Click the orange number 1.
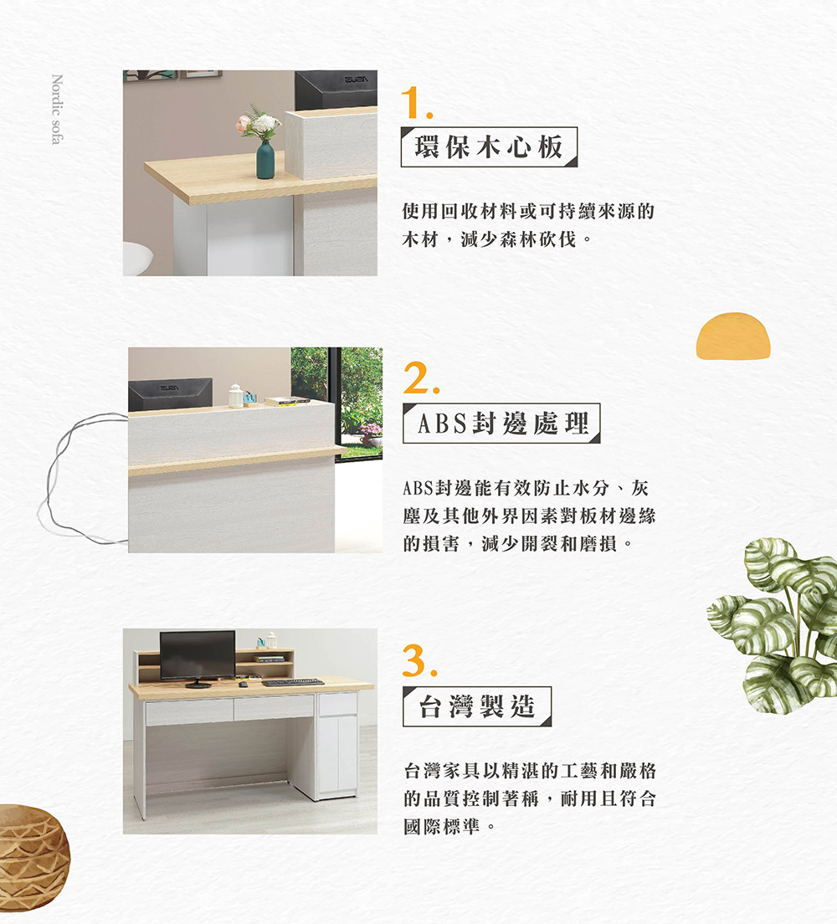pyautogui.click(x=413, y=103)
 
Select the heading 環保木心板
pyautogui.click(x=489, y=146)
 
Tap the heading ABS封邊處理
pyautogui.click(x=501, y=424)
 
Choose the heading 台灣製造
pyautogui.click(x=476, y=706)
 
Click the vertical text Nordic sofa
pyautogui.click(x=56, y=109)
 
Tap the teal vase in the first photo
pyautogui.click(x=265, y=160)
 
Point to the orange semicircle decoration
pyautogui.click(x=732, y=336)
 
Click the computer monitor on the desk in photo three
pyautogui.click(x=198, y=656)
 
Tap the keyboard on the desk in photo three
pyautogui.click(x=292, y=683)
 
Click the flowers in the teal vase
pyautogui.click(x=259, y=124)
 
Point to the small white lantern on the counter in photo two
pyautogui.click(x=235, y=396)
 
